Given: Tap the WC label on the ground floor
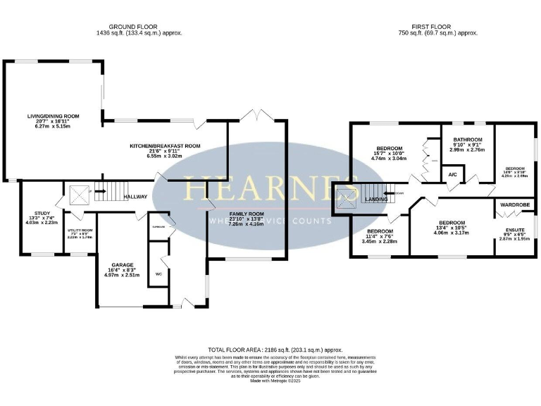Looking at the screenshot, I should click(158, 273).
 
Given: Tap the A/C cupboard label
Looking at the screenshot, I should click(451, 173).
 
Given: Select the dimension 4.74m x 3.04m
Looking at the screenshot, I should click(389, 159).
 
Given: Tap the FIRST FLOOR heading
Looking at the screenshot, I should click(438, 27).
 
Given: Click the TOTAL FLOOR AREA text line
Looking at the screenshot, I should click(275, 350).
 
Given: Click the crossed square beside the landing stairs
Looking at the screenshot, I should click(346, 197).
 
